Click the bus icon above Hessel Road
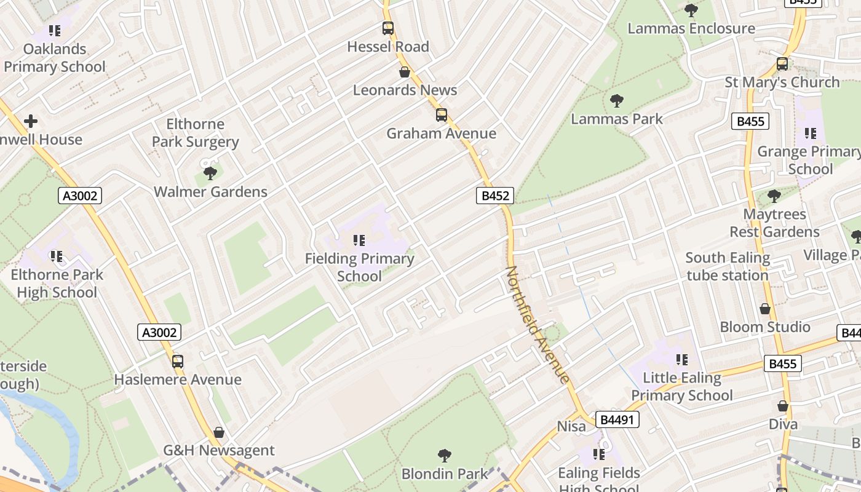(387, 28)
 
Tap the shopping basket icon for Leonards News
(405, 72)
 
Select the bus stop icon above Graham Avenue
(441, 115)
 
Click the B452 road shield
(495, 196)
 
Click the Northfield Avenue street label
(537, 324)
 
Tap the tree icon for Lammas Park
(616, 101)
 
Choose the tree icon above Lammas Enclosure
(691, 10)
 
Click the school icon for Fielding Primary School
(359, 240)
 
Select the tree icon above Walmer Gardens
(210, 173)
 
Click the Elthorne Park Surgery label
(195, 133)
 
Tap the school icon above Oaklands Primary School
(55, 30)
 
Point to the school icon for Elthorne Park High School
(57, 256)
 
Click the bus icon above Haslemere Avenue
(178, 362)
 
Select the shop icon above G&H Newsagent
(219, 432)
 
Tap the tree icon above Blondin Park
(444, 456)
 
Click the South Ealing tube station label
(728, 266)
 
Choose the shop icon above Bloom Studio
(765, 309)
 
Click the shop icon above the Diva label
(783, 406)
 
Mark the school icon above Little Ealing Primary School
(681, 359)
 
